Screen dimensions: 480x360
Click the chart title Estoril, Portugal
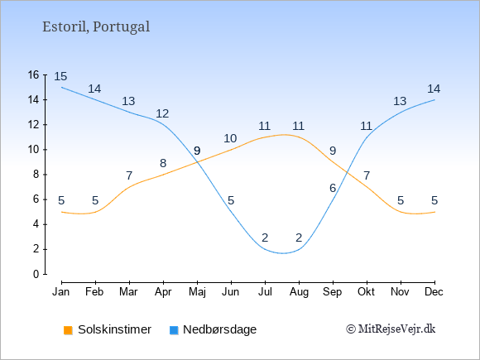coord(96,27)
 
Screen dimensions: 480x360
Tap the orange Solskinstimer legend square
coord(68,330)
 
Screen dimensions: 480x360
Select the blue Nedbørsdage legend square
coord(174,330)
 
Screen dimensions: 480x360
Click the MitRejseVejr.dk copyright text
coord(391,329)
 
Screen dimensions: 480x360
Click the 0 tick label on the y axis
coord(36,274)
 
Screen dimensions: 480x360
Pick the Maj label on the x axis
coord(197,292)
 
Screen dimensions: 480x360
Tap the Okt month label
coord(366,292)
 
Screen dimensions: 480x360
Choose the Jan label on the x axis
coord(61,292)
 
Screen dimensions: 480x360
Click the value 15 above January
coord(60,76)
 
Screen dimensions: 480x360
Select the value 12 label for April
coord(162,114)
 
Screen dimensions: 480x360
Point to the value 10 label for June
coord(230,139)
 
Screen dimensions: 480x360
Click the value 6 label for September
coord(333,188)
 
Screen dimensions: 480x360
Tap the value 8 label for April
coord(163,164)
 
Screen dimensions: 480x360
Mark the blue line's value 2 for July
coord(265,238)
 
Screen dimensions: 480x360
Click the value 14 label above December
coord(434,89)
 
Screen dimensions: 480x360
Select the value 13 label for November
coord(400,101)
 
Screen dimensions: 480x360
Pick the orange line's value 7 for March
coord(129,175)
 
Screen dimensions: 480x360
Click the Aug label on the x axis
coord(299,292)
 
